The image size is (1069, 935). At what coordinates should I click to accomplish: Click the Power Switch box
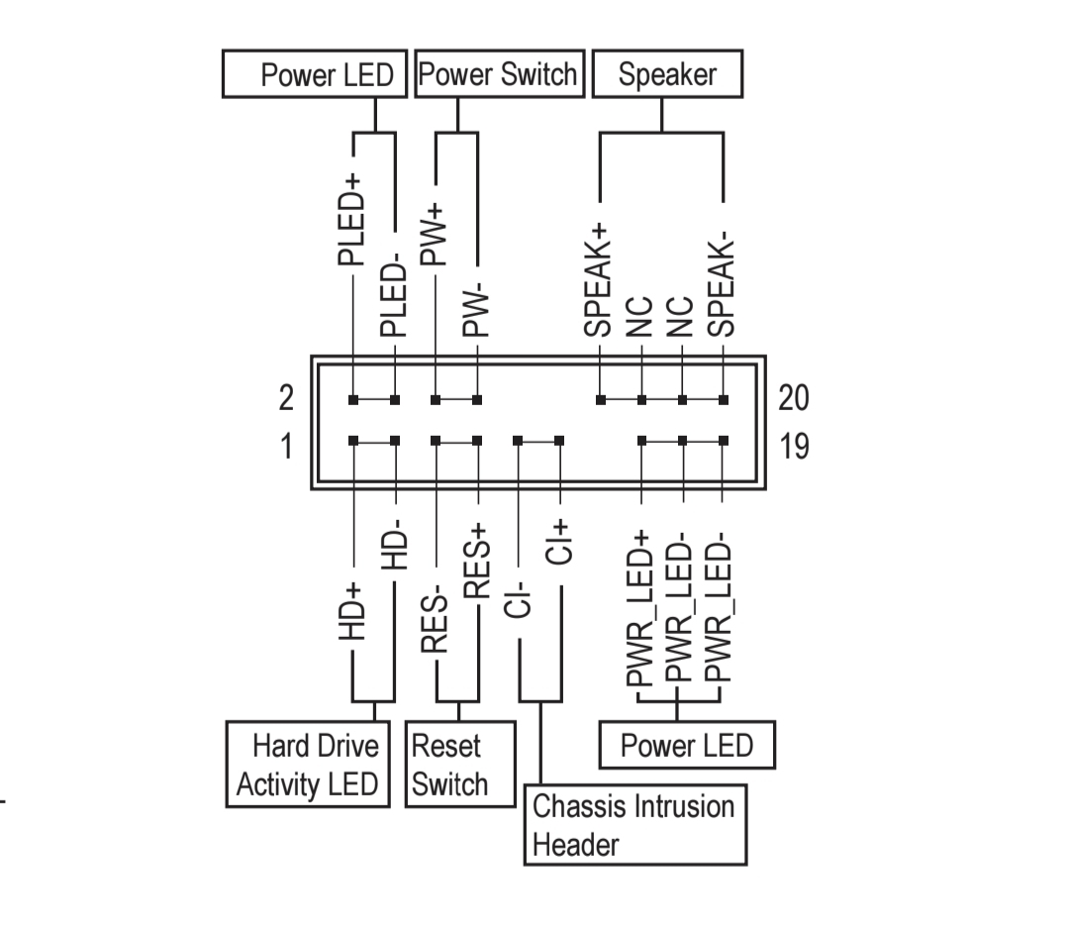coord(500,73)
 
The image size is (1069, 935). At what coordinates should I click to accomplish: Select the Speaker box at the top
coord(667,73)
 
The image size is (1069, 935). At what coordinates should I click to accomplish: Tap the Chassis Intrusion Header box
coord(635,825)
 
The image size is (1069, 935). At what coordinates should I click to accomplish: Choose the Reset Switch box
coord(460,765)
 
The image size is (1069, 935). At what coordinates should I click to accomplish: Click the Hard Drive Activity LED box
coord(308,765)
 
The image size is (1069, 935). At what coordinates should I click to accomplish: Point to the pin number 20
coord(794,398)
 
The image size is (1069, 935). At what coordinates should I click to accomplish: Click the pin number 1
coord(286,447)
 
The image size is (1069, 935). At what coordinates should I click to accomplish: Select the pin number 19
coord(794,447)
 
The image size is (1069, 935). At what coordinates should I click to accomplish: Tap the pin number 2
coord(286,398)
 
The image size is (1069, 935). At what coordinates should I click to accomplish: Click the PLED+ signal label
coord(351,220)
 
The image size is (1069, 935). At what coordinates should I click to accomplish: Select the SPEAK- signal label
coord(722,285)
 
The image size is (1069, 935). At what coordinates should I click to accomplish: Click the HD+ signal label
coord(352,612)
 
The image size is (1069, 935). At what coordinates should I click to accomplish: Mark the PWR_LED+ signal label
coord(639,607)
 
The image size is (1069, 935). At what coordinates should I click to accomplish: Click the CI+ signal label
coord(559,542)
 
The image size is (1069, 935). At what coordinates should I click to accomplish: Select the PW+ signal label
coord(434,235)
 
